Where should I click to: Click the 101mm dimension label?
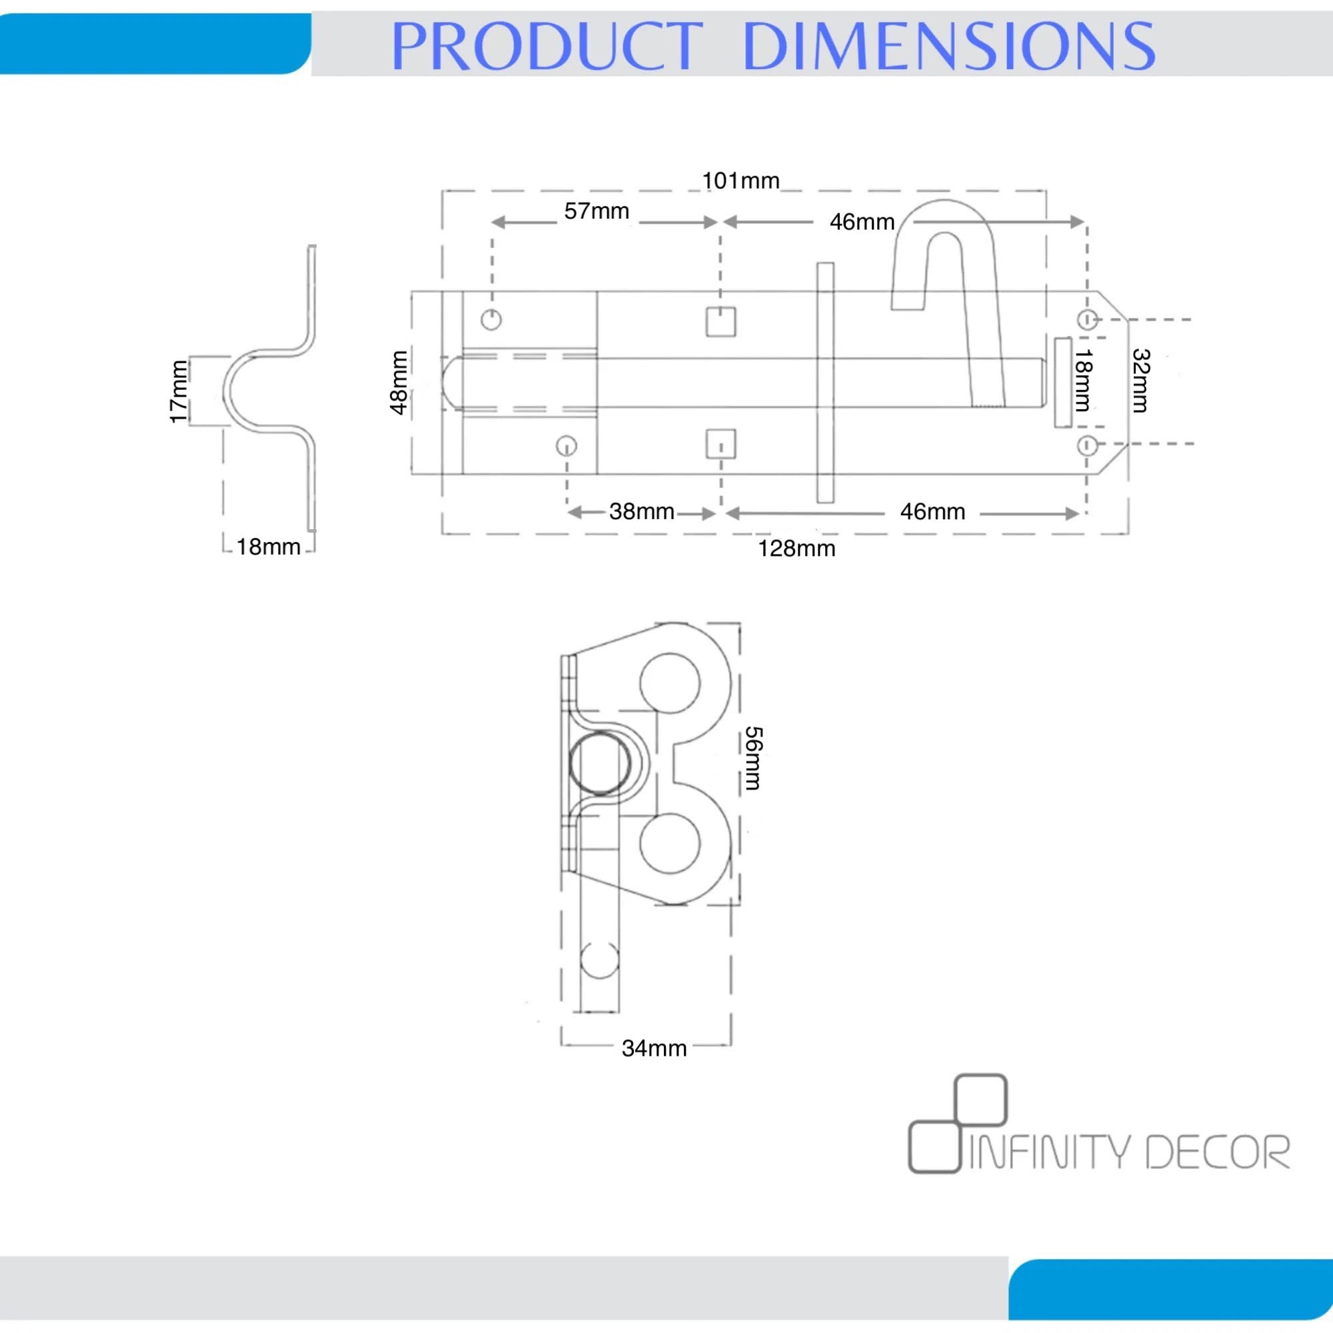tap(740, 181)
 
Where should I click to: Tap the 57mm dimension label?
tap(597, 211)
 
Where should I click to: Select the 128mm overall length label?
tap(797, 549)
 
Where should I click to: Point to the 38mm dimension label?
tap(642, 512)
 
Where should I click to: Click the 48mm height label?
tap(399, 383)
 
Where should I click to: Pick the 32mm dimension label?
tap(1141, 380)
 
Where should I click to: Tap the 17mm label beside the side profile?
tap(179, 392)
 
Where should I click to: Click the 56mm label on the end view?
tap(752, 758)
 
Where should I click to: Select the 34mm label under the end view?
tap(654, 1048)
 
